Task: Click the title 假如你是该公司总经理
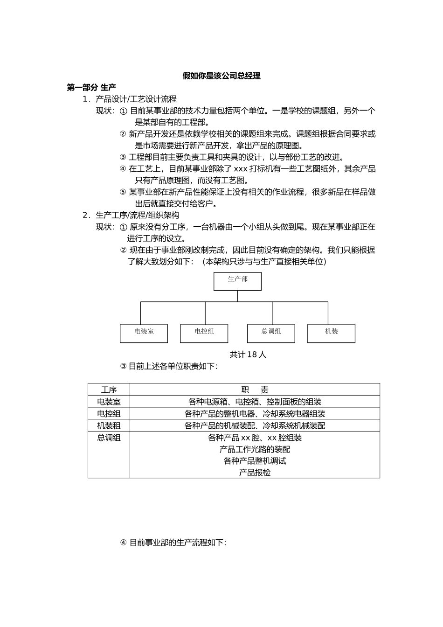pos(221,76)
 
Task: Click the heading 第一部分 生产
pos(91,87)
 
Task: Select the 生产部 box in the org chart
pos(237,281)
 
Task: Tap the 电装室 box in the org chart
pos(144,333)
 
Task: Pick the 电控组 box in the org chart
pos(204,333)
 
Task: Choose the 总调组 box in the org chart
pos(271,333)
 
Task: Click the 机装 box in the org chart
pos(331,333)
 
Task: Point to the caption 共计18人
pos(248,355)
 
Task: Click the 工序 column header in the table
pos(109,390)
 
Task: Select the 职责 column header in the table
pos(255,390)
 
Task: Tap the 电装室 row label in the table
pos(109,402)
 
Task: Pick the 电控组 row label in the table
pos(109,414)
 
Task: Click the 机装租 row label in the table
pos(109,425)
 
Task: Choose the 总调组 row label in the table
pos(109,438)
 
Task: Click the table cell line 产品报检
pos(255,473)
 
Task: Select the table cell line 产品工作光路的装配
pos(255,449)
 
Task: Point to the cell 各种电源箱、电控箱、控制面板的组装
pos(255,402)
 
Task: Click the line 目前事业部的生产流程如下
pos(177,543)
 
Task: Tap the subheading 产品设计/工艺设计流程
pos(136,99)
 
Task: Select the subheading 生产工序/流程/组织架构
pos(138,215)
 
